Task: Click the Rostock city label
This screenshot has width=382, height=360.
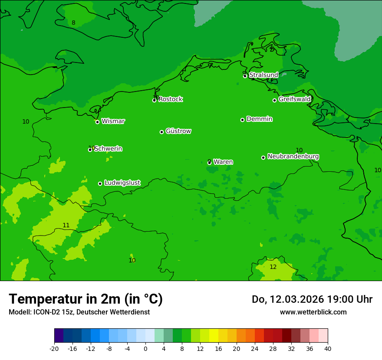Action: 170,99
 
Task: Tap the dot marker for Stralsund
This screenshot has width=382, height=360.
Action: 245,76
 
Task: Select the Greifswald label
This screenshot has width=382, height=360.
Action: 295,99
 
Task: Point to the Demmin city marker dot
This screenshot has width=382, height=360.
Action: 242,120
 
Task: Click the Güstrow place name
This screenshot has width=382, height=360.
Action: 178,131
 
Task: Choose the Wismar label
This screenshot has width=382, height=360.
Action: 113,121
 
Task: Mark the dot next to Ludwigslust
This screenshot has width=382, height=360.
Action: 100,183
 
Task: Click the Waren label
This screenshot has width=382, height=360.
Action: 223,162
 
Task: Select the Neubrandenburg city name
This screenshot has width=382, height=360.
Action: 293,156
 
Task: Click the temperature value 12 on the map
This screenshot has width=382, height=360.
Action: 273,267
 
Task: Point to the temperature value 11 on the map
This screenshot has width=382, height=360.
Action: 66,225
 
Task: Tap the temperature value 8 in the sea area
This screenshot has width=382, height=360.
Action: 73,23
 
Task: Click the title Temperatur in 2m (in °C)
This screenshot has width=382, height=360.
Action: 86,299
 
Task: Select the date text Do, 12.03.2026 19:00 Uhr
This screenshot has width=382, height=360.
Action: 312,299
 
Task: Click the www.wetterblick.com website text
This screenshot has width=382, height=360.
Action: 313,312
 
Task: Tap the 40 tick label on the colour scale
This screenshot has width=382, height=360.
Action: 327,348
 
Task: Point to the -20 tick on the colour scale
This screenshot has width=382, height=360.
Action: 54,348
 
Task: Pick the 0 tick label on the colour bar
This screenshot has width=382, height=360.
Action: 145,348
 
